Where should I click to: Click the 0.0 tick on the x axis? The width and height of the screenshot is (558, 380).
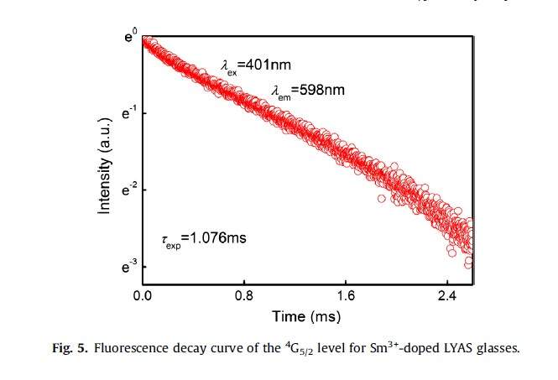click(143, 294)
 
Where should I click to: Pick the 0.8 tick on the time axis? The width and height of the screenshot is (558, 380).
click(245, 294)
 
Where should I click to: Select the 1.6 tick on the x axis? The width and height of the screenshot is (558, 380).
click(346, 294)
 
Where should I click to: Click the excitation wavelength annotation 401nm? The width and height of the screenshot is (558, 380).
click(256, 64)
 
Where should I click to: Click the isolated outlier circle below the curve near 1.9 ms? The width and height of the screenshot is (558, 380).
click(383, 199)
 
